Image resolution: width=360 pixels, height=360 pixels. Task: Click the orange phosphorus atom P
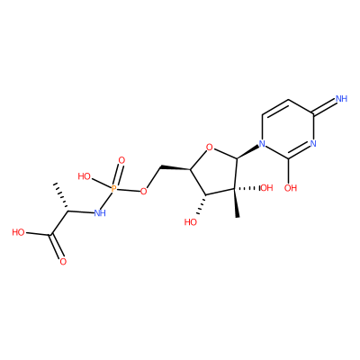click(113, 189)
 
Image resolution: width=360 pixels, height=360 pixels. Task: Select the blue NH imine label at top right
click(342, 98)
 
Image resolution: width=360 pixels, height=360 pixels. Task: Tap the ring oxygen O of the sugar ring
click(210, 148)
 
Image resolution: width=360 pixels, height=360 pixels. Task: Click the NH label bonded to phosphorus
click(100, 213)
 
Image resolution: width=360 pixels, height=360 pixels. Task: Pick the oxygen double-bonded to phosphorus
click(121, 160)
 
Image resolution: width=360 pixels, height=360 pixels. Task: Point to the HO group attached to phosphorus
click(85, 176)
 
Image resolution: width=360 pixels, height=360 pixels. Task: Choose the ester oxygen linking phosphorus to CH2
click(144, 191)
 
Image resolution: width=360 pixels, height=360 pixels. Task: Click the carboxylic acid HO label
click(19, 232)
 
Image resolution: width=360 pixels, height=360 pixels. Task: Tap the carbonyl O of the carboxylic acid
click(63, 262)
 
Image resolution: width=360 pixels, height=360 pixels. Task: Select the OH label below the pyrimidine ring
click(291, 188)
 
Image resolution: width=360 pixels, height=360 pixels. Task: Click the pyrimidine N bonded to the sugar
click(263, 144)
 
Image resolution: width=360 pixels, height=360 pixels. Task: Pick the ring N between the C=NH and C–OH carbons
click(313, 144)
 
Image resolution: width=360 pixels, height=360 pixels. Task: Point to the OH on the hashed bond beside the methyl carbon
click(266, 188)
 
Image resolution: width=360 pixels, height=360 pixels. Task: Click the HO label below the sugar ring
click(191, 222)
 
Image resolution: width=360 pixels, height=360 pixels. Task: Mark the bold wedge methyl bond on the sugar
click(237, 202)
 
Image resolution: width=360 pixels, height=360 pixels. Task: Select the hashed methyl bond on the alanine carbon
click(61, 197)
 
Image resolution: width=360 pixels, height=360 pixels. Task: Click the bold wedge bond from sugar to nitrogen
click(248, 152)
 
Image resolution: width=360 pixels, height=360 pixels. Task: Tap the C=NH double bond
click(324, 107)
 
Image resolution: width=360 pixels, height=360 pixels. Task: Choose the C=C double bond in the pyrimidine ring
click(275, 108)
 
